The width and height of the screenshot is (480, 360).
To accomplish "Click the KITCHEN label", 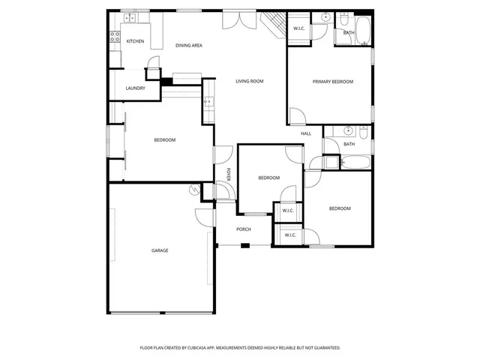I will point(135,41).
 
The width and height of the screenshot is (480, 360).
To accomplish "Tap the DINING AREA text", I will point(189,46).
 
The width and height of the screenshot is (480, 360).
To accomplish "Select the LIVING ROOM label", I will point(249,81).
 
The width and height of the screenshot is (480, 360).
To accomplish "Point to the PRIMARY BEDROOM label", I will point(333,81).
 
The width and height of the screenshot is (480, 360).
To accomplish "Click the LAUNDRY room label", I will point(135,88).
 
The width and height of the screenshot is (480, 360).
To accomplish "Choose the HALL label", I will point(306,133).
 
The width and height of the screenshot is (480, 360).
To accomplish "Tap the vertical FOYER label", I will point(228,174).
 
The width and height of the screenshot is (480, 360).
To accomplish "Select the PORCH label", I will point(244,229).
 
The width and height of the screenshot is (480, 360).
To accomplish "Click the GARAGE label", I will point(160,250).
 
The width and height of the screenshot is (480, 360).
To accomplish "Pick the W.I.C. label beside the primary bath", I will point(298,28).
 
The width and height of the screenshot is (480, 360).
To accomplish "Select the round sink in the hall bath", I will point(349,130).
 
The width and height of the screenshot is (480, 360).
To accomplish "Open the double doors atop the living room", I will point(243,18).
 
